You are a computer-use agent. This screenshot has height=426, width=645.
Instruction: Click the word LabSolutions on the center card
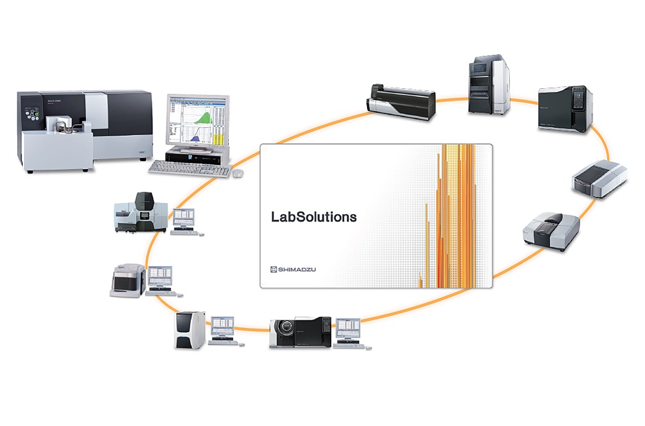click(x=314, y=217)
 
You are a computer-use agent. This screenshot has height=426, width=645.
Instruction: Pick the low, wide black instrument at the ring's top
click(x=402, y=99)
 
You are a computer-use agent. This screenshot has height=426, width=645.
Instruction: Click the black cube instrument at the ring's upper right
click(x=565, y=108)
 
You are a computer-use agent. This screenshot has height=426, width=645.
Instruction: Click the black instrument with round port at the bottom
click(x=300, y=333)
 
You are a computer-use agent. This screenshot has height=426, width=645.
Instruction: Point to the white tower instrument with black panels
click(x=189, y=330)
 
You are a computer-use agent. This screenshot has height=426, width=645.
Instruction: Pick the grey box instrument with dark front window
click(x=128, y=281)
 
